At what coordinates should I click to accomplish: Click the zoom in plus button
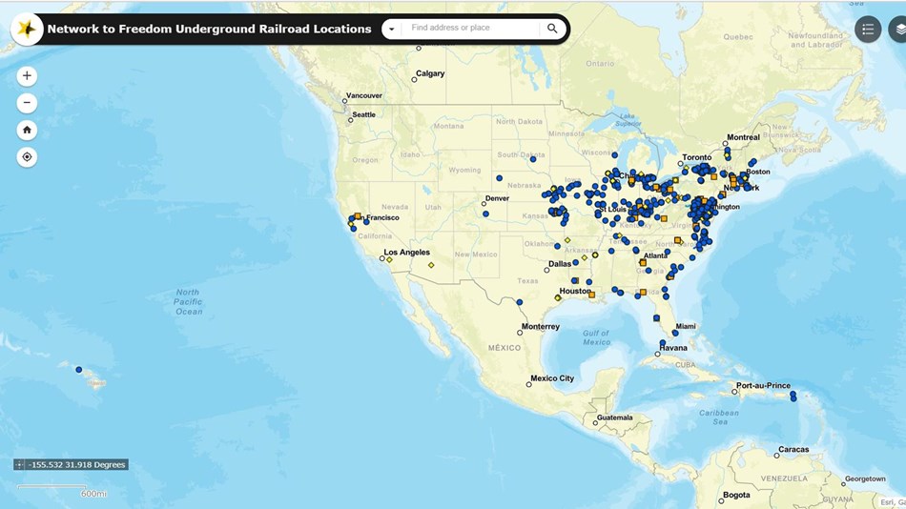coord(27,76)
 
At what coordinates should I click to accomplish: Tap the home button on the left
coord(27,130)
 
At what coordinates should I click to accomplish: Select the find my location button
coord(27,157)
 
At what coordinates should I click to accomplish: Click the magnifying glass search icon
coord(552,29)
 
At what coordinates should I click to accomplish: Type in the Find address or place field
coord(472,29)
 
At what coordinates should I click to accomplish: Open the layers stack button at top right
coord(898,30)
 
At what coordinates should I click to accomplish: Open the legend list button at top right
coord(867,30)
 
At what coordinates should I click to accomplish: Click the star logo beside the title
coord(27,30)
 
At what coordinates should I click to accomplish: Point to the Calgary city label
coord(430,73)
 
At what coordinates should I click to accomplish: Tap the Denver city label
coord(497,198)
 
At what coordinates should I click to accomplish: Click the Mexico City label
coord(552,378)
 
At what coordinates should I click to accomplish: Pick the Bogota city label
coord(735,495)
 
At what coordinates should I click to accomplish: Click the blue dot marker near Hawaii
coord(79,370)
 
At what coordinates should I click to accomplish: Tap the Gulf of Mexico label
coord(596,336)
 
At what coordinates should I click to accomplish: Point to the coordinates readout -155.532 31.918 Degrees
coord(76,464)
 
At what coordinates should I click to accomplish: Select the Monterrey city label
coord(540,327)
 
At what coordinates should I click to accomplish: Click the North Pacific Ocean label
coord(188,301)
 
